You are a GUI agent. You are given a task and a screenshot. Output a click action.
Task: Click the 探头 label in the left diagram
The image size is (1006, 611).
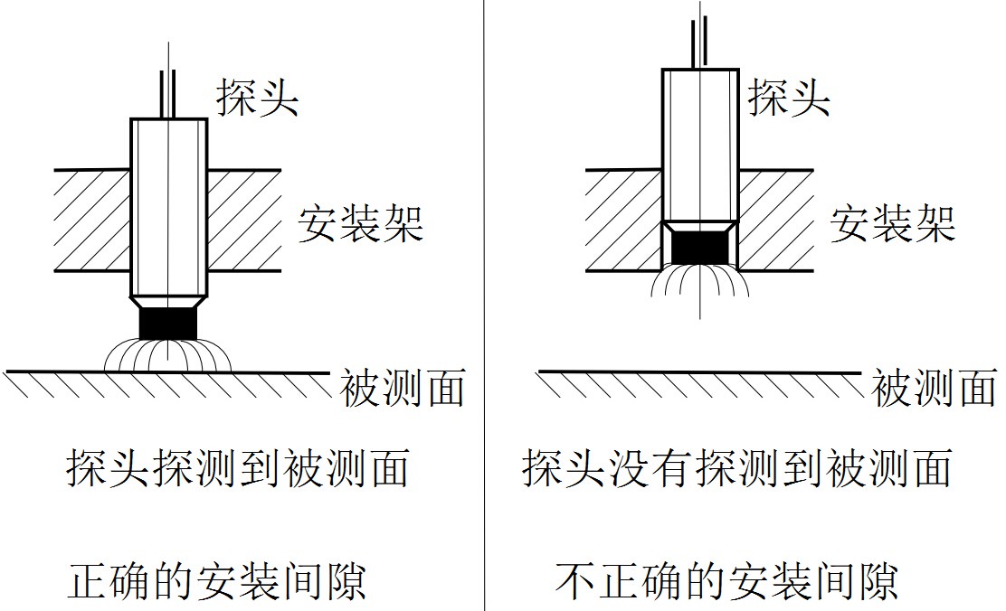point(257,95)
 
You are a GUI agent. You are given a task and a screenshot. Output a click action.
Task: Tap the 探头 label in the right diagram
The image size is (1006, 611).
point(789,95)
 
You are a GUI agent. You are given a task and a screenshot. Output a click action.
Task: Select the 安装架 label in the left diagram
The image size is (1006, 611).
point(361,222)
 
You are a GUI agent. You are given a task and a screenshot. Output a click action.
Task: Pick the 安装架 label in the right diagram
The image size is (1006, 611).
point(893,222)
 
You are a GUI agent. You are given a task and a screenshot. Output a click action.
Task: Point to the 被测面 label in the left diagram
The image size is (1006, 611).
point(403,388)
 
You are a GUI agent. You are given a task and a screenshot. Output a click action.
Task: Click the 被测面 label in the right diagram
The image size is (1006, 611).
point(934,388)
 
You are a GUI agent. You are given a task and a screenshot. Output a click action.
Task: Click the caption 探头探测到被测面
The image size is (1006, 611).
point(237,469)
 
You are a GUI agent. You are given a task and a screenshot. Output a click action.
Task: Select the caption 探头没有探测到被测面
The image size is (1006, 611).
point(736,469)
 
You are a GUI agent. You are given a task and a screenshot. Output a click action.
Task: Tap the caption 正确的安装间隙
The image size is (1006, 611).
point(217,580)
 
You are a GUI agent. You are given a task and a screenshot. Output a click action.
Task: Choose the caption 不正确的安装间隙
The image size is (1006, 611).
point(726,580)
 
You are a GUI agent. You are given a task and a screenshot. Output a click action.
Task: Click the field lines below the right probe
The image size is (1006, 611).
point(700,281)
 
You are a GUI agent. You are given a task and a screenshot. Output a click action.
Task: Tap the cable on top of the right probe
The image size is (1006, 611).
point(699,41)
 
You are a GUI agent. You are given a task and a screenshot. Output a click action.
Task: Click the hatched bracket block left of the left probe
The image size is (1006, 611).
point(92,220)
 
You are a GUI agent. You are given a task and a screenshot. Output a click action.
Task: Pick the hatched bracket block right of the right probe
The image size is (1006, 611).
point(775,220)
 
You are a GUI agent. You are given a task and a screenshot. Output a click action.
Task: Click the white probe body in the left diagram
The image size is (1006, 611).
point(168,208)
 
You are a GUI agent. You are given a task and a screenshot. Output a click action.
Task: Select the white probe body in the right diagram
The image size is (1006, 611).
point(700,145)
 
